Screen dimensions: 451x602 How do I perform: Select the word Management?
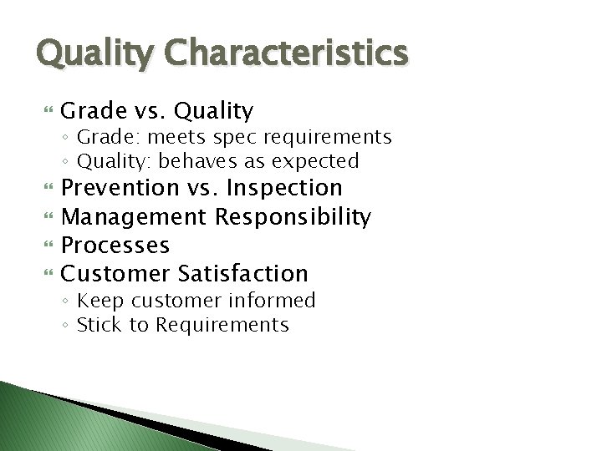coord(135,217)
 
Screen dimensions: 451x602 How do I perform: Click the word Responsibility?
coord(293,217)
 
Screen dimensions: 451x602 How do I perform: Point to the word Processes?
coord(116,246)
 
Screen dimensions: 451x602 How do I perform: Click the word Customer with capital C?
coord(116,273)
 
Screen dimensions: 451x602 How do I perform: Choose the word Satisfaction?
coord(243,273)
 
